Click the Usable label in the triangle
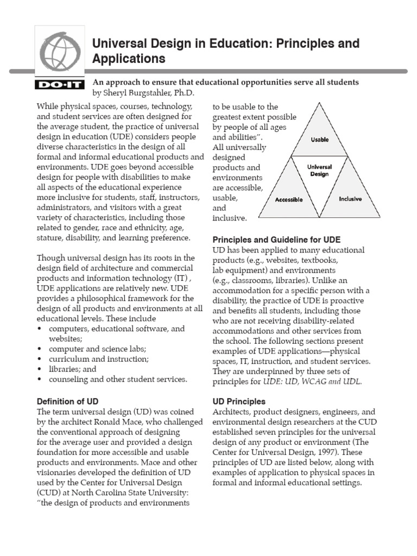coord(319,140)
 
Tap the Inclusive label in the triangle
coord(350,199)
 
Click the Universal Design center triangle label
coord(320,170)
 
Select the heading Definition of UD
coord(67,401)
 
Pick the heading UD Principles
coord(239,401)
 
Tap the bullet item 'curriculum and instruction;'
coord(99,359)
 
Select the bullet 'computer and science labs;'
coord(97,349)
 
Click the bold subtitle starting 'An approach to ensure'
coord(226,82)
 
